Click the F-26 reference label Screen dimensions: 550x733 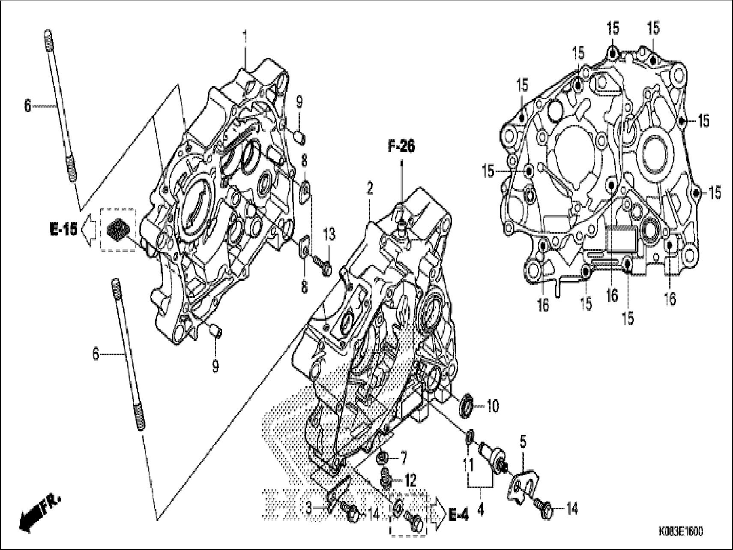pyautogui.click(x=401, y=147)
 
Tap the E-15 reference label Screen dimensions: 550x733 pyautogui.click(x=63, y=230)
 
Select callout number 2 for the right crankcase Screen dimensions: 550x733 pyautogui.click(x=369, y=189)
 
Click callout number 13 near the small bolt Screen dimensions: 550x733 pyautogui.click(x=329, y=234)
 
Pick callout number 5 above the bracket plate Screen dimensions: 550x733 pyautogui.click(x=523, y=441)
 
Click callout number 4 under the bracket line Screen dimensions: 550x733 pyautogui.click(x=481, y=510)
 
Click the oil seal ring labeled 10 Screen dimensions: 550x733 pyautogui.click(x=467, y=405)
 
